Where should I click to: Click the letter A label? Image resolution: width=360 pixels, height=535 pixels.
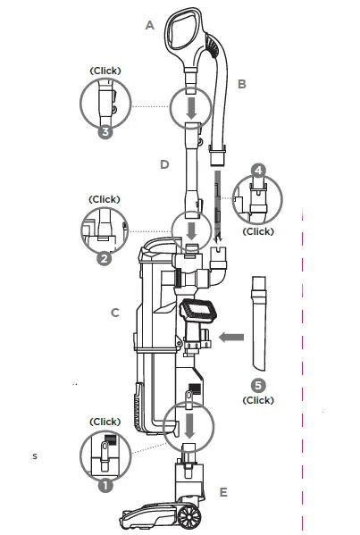pyautogui.click(x=150, y=27)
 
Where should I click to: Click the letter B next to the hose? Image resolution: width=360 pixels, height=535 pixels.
pyautogui.click(x=242, y=85)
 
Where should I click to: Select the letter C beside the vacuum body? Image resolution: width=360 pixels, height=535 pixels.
pyautogui.click(x=115, y=313)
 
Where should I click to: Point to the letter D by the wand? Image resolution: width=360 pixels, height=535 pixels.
pyautogui.click(x=164, y=164)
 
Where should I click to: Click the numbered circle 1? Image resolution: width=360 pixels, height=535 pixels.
pyautogui.click(x=105, y=487)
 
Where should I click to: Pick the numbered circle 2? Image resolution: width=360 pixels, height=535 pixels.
pyautogui.click(x=105, y=260)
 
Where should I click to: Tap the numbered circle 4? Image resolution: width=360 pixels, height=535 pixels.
pyautogui.click(x=258, y=170)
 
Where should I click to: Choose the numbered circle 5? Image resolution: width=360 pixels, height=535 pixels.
pyautogui.click(x=258, y=386)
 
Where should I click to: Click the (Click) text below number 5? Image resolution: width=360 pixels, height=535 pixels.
pyautogui.click(x=258, y=400)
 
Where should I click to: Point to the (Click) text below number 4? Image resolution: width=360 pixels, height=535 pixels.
pyautogui.click(x=259, y=231)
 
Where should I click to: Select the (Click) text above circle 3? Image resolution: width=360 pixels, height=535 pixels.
pyautogui.click(x=105, y=70)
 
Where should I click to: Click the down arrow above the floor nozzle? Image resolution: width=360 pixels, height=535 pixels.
pyautogui.click(x=190, y=419)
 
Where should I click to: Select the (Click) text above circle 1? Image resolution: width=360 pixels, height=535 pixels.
pyautogui.click(x=105, y=422)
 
